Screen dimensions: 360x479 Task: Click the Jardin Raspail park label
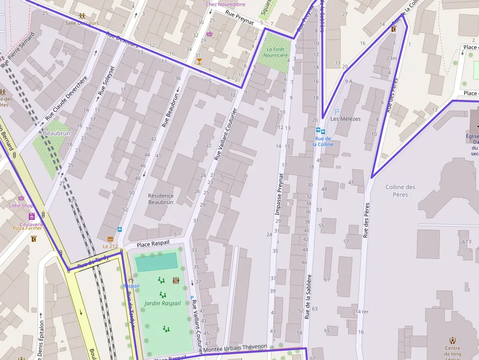(x=162, y=303)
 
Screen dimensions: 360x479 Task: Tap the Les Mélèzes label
(x=345, y=119)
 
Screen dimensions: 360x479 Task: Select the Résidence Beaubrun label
(x=161, y=199)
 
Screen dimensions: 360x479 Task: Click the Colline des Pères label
(x=400, y=191)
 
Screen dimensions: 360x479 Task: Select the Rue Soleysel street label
(x=106, y=80)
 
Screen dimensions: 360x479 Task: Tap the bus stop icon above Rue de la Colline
(x=320, y=131)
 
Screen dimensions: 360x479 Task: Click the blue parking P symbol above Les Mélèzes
(x=336, y=112)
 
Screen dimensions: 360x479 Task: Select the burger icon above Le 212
(x=110, y=239)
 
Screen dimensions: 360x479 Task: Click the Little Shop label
(x=21, y=206)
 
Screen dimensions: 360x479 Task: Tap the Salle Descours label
(x=82, y=23)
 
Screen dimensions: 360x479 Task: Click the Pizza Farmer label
(x=28, y=228)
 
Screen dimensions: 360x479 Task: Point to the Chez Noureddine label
(x=225, y=4)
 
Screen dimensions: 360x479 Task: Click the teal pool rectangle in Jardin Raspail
(x=156, y=262)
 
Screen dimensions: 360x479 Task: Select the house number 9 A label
(x=348, y=81)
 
